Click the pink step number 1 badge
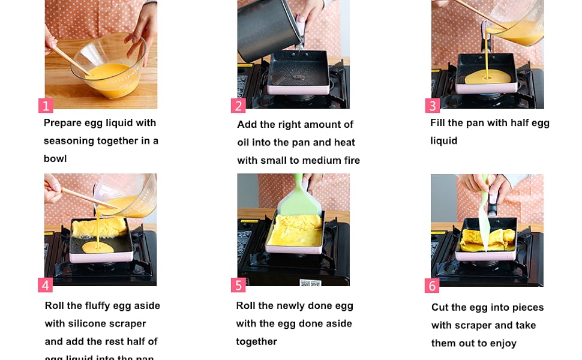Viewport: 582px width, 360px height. coord(46,106)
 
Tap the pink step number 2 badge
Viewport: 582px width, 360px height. coord(238,106)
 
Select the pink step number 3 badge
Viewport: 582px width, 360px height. coord(432,106)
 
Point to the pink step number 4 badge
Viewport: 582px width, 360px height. coord(45,284)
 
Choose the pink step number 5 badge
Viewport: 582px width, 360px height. coord(238,285)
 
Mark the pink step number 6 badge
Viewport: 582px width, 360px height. coord(432,286)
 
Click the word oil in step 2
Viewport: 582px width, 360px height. coord(245,143)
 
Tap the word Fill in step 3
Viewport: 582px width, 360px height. coord(439,123)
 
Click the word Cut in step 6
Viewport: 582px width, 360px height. coord(440,308)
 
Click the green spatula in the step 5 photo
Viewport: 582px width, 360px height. coord(298,195)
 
